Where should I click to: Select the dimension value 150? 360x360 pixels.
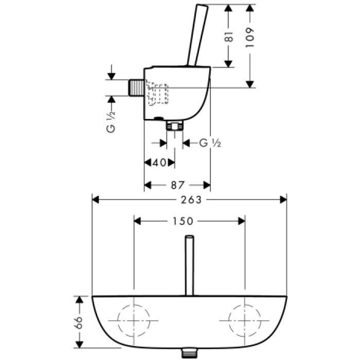(x=183, y=221)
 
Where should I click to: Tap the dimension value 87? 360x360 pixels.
(x=177, y=185)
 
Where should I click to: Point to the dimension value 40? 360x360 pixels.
(x=160, y=163)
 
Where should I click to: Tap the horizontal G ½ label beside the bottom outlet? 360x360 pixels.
(x=210, y=143)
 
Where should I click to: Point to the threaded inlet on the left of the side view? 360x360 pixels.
(x=136, y=87)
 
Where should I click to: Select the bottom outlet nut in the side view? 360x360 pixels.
(x=175, y=125)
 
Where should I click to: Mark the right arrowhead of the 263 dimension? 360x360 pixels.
(x=283, y=200)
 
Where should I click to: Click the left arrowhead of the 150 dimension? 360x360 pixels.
(x=137, y=221)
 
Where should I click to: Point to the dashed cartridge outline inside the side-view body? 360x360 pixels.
(x=157, y=94)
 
